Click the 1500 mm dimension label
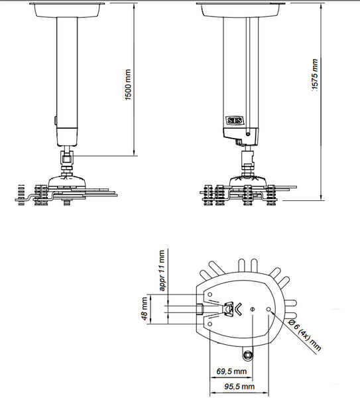click(129, 85)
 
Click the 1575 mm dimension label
click(315, 74)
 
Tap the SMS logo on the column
click(235, 121)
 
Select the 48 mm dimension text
click(144, 308)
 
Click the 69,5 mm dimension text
click(231, 371)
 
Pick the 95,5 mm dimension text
click(239, 387)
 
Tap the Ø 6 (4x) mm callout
click(305, 335)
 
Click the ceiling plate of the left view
click(67, 10)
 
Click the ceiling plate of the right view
click(241, 10)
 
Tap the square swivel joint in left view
click(67, 159)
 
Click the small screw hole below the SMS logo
click(248, 134)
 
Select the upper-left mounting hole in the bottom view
click(210, 295)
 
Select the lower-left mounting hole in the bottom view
click(210, 324)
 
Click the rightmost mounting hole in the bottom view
click(269, 309)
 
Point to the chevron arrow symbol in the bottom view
click(238, 309)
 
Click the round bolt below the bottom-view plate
click(247, 355)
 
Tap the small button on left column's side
click(55, 120)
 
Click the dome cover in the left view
click(67, 180)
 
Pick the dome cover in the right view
click(248, 180)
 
